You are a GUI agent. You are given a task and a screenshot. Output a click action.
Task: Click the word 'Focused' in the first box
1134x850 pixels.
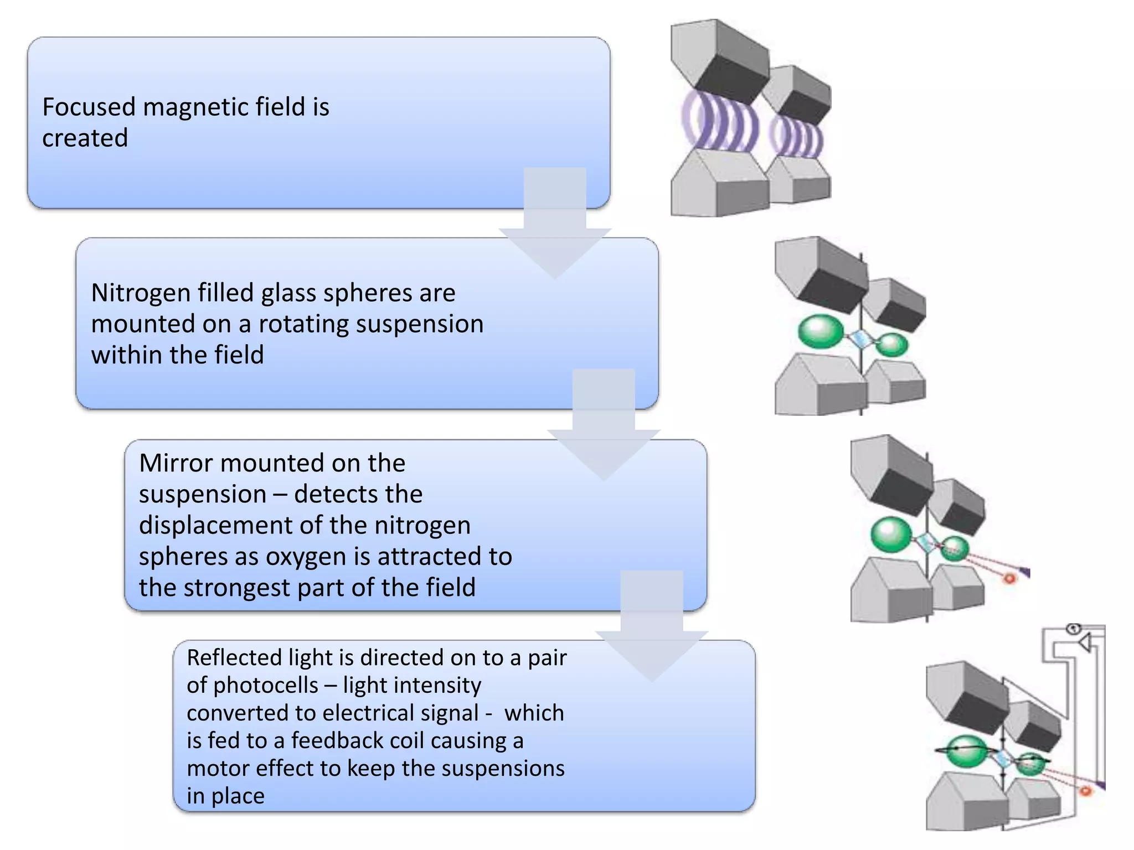pyautogui.click(x=89, y=107)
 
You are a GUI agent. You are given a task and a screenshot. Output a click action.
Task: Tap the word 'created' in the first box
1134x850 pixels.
pyautogui.click(x=85, y=138)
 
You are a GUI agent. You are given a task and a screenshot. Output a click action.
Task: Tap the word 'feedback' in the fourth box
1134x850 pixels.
pyautogui.click(x=337, y=740)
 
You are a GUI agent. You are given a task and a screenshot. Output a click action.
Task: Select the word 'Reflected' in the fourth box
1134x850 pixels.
pyautogui.click(x=234, y=657)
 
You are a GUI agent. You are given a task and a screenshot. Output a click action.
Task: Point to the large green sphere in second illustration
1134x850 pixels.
pyautogui.click(x=821, y=331)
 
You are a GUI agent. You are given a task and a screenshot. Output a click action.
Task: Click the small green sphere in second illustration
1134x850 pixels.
pyautogui.click(x=892, y=345)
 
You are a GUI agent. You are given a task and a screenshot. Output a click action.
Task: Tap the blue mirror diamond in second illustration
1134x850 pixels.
pyautogui.click(x=860, y=339)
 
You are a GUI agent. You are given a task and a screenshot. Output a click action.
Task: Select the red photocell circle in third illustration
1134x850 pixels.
pyautogui.click(x=1009, y=579)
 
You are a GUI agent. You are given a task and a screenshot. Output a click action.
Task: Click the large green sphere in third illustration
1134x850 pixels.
pyautogui.click(x=891, y=534)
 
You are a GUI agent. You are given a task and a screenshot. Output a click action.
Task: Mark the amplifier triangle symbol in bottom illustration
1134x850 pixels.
pyautogui.click(x=1084, y=642)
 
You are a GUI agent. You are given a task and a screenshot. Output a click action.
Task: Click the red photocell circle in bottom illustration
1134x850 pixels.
pyautogui.click(x=1085, y=791)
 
